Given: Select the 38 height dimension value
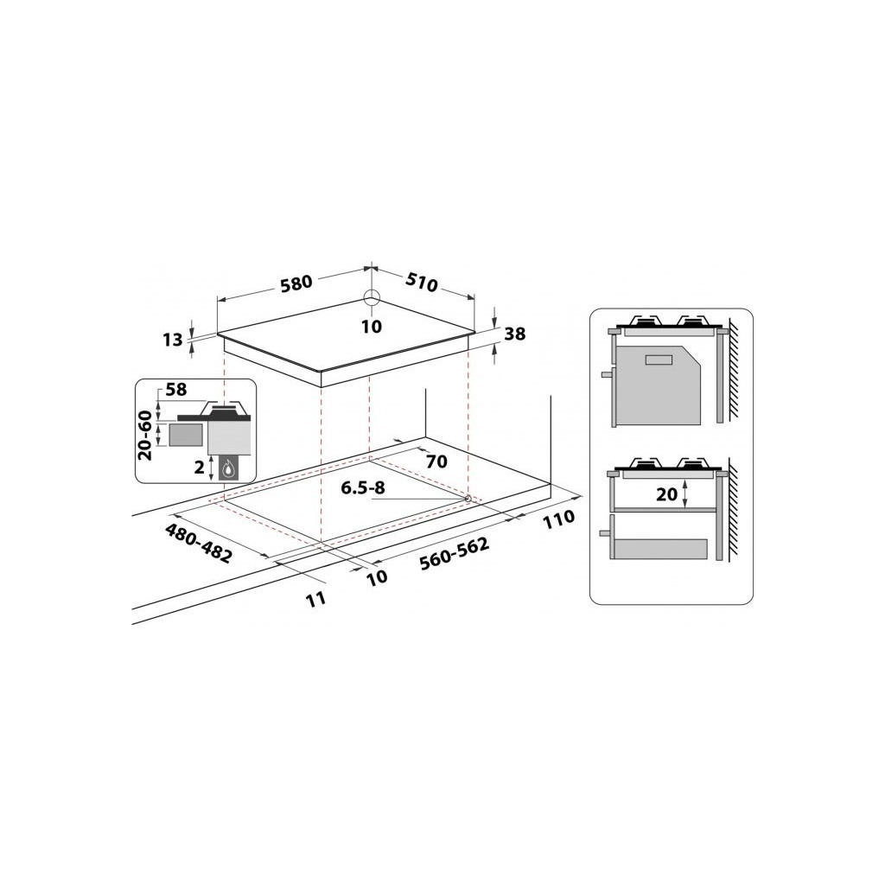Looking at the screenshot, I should pyautogui.click(x=514, y=334).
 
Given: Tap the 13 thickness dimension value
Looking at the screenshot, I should pyautogui.click(x=172, y=340).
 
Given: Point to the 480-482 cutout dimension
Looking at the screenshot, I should pyautogui.click(x=198, y=544).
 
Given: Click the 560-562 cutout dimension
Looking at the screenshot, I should pyautogui.click(x=454, y=554).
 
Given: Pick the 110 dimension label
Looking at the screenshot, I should pyautogui.click(x=560, y=519).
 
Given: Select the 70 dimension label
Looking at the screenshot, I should pyautogui.click(x=436, y=462).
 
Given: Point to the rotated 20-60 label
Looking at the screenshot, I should pyautogui.click(x=145, y=434).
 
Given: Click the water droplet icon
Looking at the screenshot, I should pyautogui.click(x=228, y=469).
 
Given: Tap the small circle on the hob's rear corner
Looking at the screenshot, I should pyautogui.click(x=371, y=298).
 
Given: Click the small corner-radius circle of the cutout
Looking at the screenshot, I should pyautogui.click(x=468, y=498).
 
